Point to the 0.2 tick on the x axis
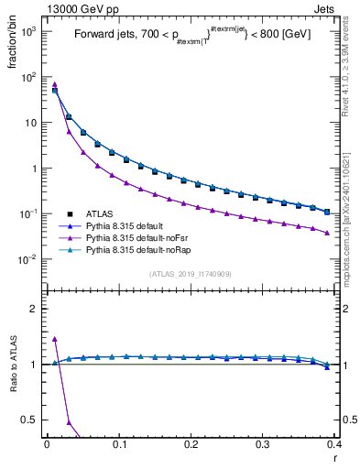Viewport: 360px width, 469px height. click(x=191, y=444)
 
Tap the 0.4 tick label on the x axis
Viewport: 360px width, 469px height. click(x=333, y=444)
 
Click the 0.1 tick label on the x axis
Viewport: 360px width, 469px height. click(x=119, y=444)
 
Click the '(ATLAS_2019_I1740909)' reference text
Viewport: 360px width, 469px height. click(x=191, y=275)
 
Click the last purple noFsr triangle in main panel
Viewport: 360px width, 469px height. click(x=327, y=233)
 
